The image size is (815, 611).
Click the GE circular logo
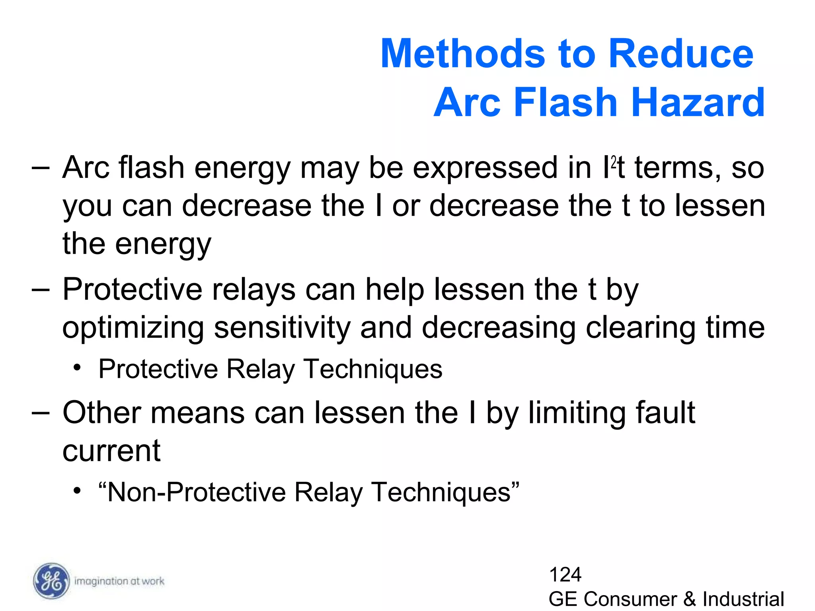(51, 581)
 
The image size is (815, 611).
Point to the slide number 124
(565, 574)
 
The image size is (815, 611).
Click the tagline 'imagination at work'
(119, 581)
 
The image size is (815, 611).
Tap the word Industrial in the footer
(743, 599)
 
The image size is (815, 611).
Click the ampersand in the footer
(690, 599)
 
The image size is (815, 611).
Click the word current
(111, 451)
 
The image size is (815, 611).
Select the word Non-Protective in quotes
(197, 492)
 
